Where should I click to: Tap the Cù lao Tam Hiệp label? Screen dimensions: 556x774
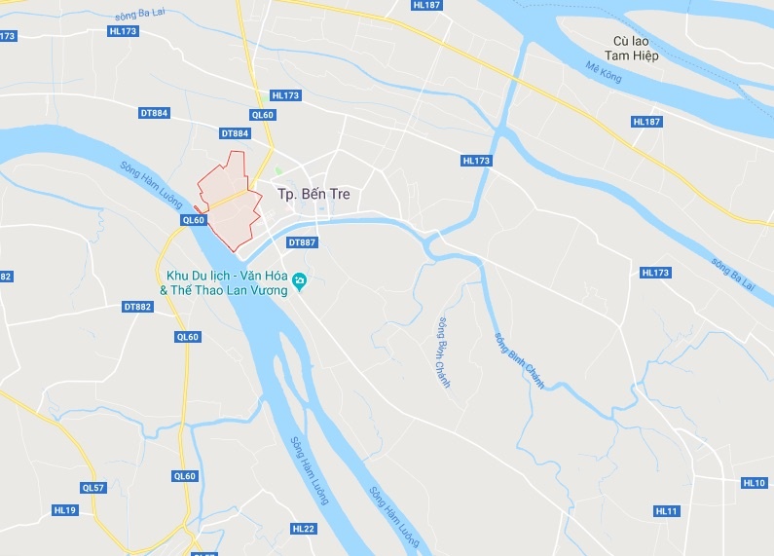click(x=636, y=49)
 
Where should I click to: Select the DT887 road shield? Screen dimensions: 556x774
click(x=303, y=242)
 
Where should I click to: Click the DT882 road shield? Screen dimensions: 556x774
click(x=138, y=307)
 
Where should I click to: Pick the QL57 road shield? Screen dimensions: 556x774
click(x=92, y=488)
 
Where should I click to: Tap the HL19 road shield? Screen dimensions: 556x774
click(x=65, y=510)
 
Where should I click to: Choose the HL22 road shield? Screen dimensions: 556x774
click(x=304, y=529)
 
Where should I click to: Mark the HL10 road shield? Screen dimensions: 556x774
click(x=754, y=483)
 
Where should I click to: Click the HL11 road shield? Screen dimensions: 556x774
click(x=667, y=511)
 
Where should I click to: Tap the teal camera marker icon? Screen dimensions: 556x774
click(x=300, y=283)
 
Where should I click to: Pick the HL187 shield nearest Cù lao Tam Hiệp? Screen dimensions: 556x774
click(x=646, y=122)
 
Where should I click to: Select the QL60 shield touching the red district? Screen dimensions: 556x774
click(x=194, y=220)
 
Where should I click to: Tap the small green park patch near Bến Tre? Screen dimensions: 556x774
click(x=277, y=171)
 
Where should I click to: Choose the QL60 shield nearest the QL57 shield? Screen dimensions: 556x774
click(x=185, y=476)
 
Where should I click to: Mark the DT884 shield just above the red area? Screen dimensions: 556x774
click(x=236, y=133)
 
